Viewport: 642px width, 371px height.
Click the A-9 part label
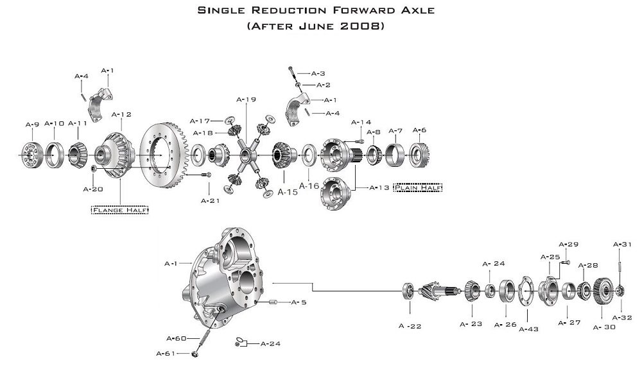pyautogui.click(x=32, y=125)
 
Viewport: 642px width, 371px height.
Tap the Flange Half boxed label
pyautogui.click(x=120, y=210)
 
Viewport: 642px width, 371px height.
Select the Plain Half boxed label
pyautogui.click(x=419, y=187)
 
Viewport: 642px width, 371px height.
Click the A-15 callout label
pyautogui.click(x=288, y=192)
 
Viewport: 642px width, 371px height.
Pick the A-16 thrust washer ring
pyautogui.click(x=308, y=155)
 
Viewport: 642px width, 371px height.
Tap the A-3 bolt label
pyautogui.click(x=318, y=74)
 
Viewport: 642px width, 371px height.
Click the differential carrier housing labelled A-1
pyautogui.click(x=221, y=270)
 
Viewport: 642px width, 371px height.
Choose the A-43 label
pyautogui.click(x=529, y=329)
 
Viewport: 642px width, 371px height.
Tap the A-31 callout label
pyautogui.click(x=623, y=244)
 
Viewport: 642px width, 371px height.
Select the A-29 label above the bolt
pyautogui.click(x=569, y=244)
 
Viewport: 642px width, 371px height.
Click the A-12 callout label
pyautogui.click(x=121, y=114)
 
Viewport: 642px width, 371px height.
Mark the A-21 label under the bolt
pyautogui.click(x=211, y=201)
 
